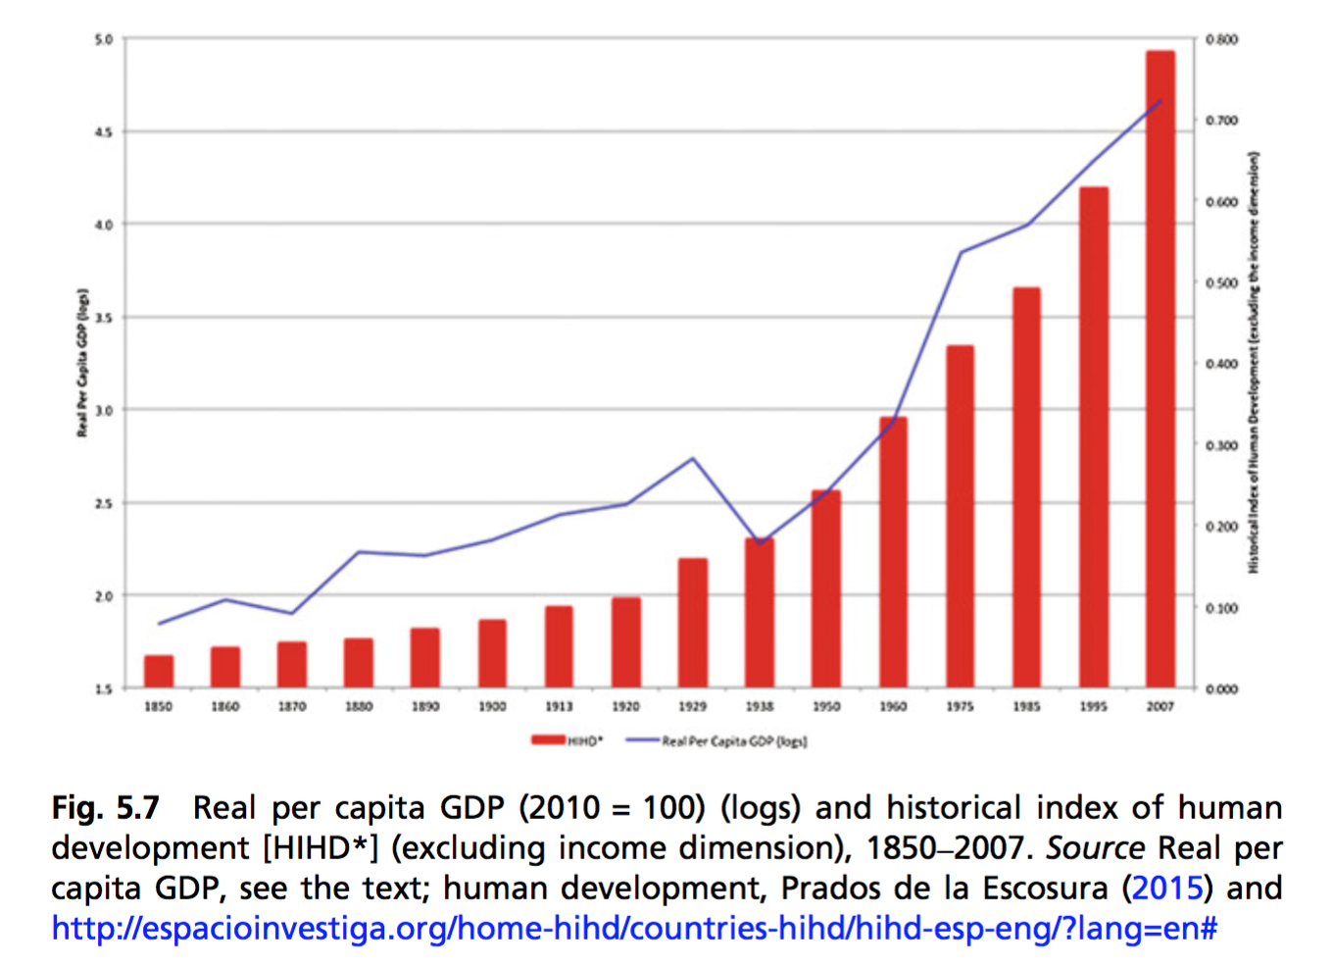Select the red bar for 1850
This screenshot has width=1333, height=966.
point(159,672)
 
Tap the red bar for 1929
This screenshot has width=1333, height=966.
point(693,623)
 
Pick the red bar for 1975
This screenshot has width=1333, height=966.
point(960,517)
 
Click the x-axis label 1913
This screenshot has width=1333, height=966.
point(559,706)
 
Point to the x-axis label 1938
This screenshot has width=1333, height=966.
point(760,706)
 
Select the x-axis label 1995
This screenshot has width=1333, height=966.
point(1093,706)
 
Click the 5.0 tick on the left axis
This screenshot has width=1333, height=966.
point(103,39)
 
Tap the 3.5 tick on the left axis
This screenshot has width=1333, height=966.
point(103,318)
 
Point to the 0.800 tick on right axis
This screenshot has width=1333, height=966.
point(1221,39)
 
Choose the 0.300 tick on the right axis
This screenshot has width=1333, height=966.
point(1221,445)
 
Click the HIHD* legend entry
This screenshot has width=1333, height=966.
point(567,740)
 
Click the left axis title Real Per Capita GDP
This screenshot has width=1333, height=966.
point(82,363)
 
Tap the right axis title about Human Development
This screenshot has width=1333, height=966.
point(1254,363)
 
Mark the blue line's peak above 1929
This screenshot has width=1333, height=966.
point(693,458)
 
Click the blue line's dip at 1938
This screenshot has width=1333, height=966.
point(760,543)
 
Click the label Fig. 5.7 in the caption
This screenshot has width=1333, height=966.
point(105,808)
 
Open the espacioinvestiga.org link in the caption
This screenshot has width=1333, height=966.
point(634,928)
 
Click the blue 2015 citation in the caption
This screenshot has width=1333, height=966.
point(1166,888)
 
